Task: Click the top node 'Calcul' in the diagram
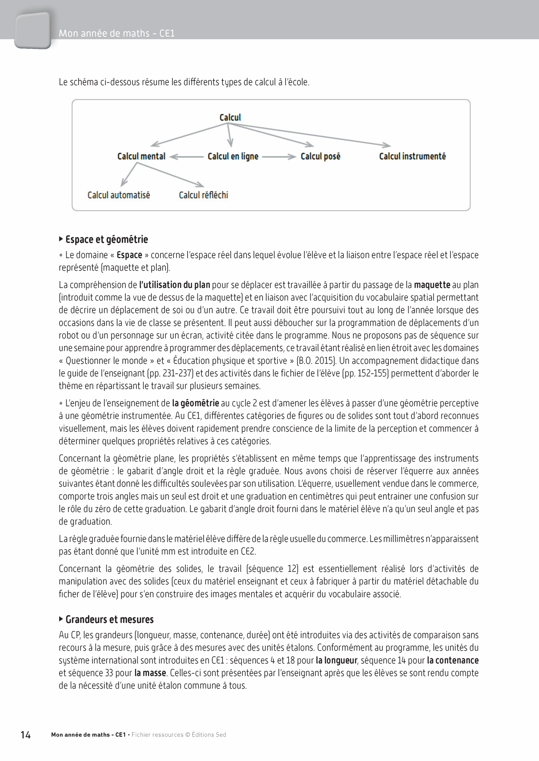230,117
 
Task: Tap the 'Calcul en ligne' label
233,156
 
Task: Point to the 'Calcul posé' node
320,156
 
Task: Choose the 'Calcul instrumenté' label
412,156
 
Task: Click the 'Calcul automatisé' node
119,195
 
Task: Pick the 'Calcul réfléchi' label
203,195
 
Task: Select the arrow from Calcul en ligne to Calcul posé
279,157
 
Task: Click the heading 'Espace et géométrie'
106,239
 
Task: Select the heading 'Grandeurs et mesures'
109,619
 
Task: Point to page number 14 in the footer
26,735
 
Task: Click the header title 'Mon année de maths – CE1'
117,34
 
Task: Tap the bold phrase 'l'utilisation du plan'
174,285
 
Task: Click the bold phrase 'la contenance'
452,660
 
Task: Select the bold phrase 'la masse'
150,673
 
